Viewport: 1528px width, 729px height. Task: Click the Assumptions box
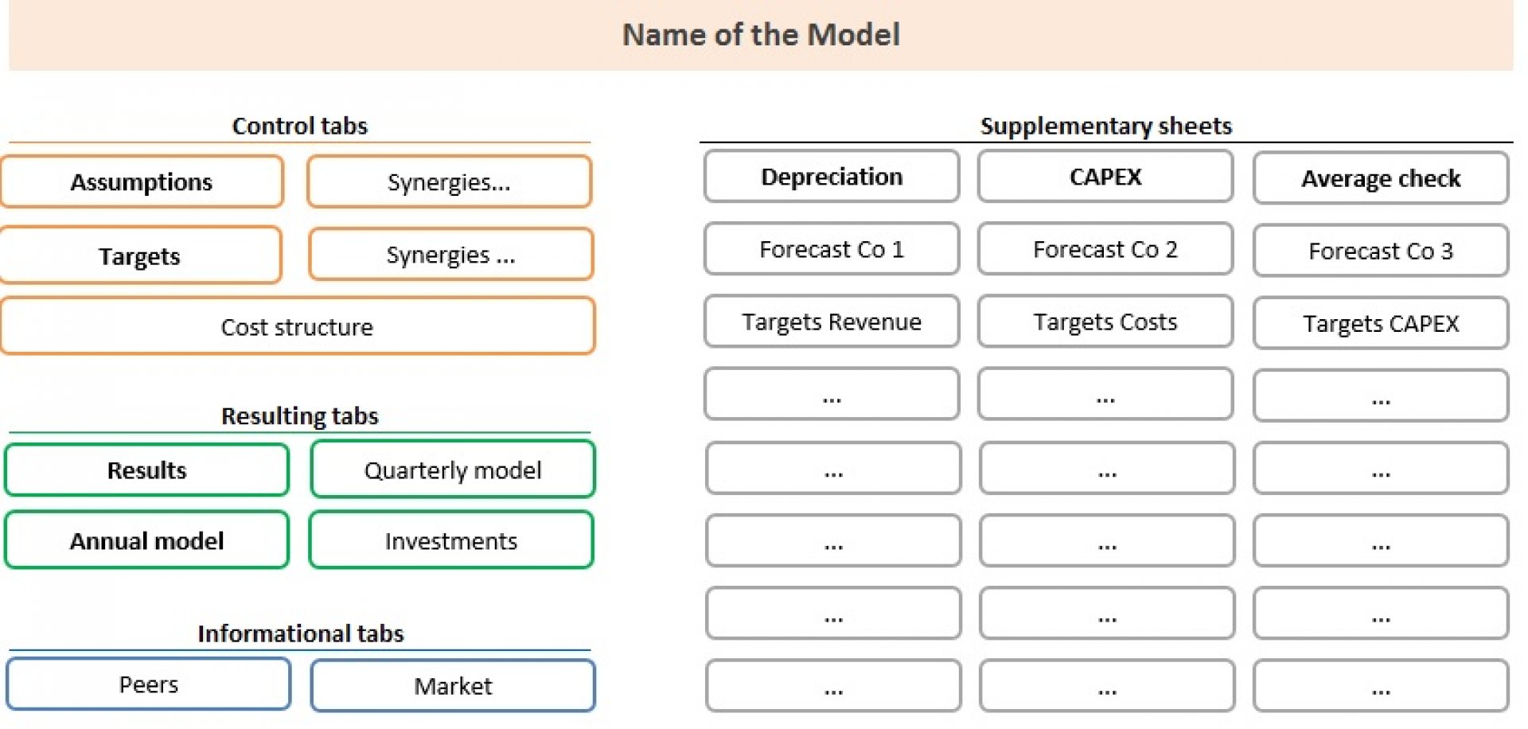click(x=142, y=181)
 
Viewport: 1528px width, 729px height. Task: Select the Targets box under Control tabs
click(x=140, y=255)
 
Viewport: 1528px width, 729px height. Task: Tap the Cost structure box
click(x=297, y=326)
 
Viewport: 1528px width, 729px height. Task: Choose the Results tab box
click(x=146, y=470)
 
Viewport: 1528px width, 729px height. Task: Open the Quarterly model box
click(x=453, y=470)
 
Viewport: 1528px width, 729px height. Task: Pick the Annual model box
click(x=146, y=540)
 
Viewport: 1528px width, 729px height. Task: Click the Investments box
click(x=451, y=540)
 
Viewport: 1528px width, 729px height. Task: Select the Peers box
click(x=149, y=684)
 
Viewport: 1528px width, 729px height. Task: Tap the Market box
click(x=453, y=685)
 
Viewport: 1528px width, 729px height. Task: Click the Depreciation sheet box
click(x=832, y=176)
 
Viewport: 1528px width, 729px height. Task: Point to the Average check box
click(x=1381, y=178)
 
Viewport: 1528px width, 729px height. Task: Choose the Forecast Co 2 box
click(x=1105, y=249)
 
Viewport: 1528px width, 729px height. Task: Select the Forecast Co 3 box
click(x=1381, y=251)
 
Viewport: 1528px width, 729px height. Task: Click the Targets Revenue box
click(x=832, y=322)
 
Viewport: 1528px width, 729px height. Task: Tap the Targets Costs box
click(x=1105, y=322)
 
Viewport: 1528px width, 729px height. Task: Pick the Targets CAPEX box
click(x=1381, y=323)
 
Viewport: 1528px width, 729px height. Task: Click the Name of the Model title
click(x=761, y=35)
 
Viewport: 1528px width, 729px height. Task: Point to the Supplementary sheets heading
click(x=1106, y=126)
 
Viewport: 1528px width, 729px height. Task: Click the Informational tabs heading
click(x=301, y=633)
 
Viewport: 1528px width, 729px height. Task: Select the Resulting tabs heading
click(x=300, y=416)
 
